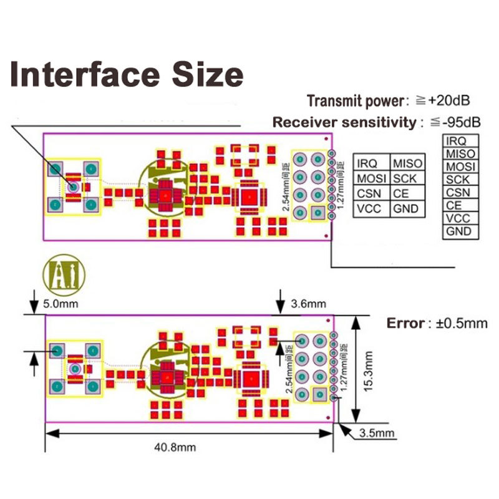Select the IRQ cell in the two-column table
367,163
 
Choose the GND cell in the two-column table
405,209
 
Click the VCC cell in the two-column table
369,209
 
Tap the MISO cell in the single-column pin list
461,153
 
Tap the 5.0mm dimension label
61,306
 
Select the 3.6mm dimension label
309,304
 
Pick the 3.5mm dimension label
377,432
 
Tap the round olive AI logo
64,274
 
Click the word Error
405,324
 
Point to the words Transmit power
355,100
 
